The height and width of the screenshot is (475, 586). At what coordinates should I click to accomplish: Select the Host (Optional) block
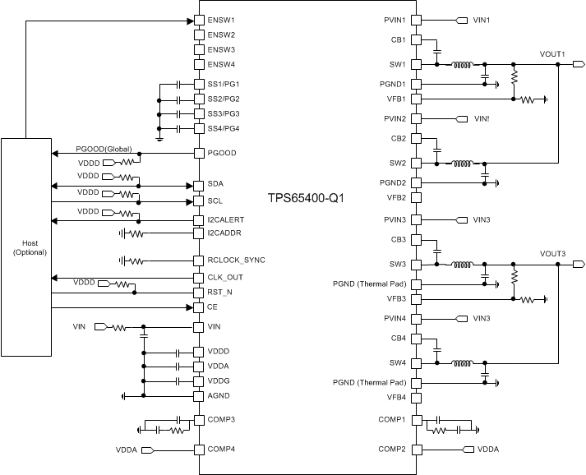coord(26,247)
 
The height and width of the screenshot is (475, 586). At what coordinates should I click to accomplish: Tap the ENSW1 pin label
coord(221,20)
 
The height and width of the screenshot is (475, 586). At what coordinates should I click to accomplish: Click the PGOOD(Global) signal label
coord(104,149)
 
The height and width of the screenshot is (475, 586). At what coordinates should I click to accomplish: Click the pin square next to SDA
coord(198,184)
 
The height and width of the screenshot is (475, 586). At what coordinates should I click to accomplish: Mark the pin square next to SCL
coord(198,201)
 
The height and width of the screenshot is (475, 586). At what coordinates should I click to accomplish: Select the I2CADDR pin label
coord(224,233)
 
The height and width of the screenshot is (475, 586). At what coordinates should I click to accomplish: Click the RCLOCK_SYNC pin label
coord(236,261)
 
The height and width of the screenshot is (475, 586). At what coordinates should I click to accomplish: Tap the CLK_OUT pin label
coord(225,277)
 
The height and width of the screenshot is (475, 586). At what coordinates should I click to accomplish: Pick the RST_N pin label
coord(219,292)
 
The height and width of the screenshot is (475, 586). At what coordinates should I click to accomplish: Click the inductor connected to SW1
coord(460,64)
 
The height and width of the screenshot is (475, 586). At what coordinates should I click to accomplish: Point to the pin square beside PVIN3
coord(417,219)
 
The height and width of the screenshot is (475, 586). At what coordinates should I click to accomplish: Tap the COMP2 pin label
coord(393,450)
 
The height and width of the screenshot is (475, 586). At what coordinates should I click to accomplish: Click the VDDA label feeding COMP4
coord(127,450)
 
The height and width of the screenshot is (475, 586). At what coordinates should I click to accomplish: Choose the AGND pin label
coord(219,396)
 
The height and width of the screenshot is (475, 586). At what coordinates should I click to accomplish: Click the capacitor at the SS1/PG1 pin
coord(178,85)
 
